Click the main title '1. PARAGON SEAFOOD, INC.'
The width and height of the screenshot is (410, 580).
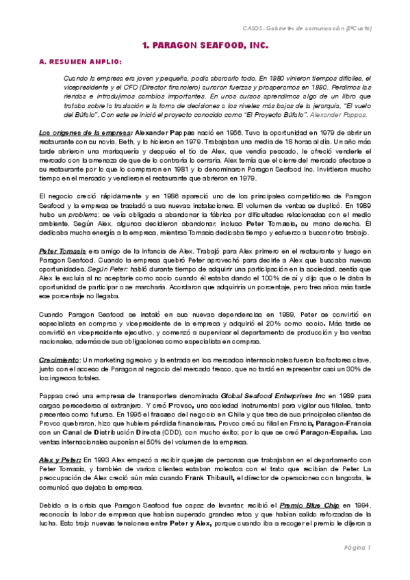tap(205, 45)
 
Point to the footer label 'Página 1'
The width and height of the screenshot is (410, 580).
tap(357, 548)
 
